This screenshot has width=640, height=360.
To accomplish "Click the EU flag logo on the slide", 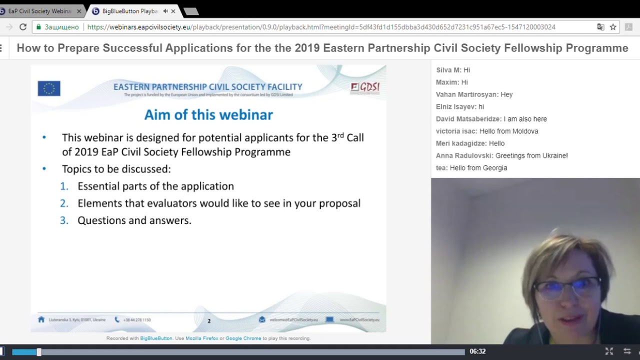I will click(49, 88).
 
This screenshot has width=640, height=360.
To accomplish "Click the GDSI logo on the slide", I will click(365, 87).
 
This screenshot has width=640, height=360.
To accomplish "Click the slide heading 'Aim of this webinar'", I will click(208, 115).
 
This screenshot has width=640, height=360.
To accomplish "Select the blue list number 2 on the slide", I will click(64, 203).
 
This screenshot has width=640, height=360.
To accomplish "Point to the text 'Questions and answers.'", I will click(134, 220).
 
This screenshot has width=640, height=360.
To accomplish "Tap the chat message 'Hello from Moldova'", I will click(508, 131).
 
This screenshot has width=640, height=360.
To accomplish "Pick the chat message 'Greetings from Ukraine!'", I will click(531, 156).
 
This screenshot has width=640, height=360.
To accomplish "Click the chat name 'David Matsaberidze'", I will click(468, 119).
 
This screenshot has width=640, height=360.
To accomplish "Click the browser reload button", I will click(23, 27).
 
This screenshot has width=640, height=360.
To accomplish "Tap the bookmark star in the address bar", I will click(613, 27).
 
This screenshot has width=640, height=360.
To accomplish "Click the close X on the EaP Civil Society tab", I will click(78, 11).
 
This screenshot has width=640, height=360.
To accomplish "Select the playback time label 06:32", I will click(477, 351).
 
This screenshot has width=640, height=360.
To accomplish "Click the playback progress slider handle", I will click(39, 352).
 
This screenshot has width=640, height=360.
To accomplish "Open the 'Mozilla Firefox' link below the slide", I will click(201, 338).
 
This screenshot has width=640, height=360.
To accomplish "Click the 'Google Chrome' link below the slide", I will click(243, 338).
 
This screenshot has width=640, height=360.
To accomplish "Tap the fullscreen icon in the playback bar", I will click(609, 351).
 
